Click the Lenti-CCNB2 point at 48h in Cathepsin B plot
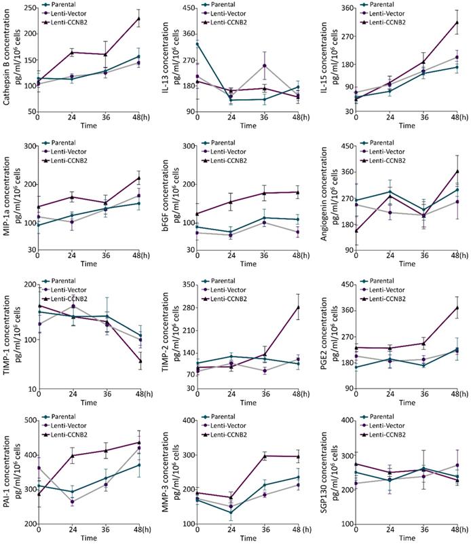click(138, 18)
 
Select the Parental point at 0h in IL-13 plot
click(197, 44)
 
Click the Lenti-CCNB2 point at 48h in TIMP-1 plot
click(140, 361)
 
